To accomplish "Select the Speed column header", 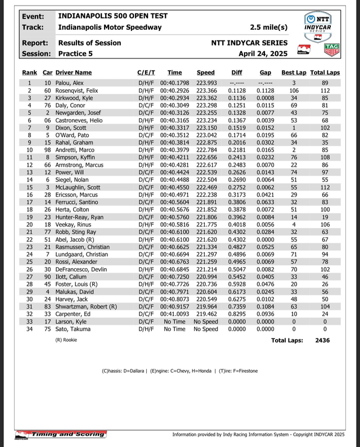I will pyautogui.click(x=205, y=73).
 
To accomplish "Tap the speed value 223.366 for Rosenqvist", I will pyautogui.click(x=205, y=91).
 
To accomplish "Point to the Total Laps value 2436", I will pyautogui.click(x=323, y=340).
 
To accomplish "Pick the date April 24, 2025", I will pyautogui.click(x=263, y=53).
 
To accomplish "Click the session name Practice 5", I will pyautogui.click(x=79, y=53).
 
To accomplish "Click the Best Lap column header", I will pyautogui.click(x=294, y=73).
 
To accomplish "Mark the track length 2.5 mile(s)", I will pyautogui.click(x=268, y=27).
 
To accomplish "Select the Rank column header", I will pyautogui.click(x=29, y=73).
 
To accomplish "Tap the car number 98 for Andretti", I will pyautogui.click(x=48, y=150).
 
